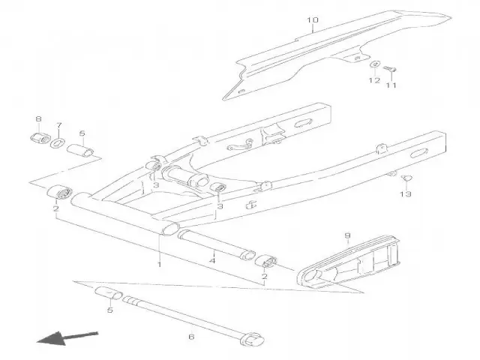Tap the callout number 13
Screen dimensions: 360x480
[x=405, y=194]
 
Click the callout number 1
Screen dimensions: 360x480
[x=159, y=264]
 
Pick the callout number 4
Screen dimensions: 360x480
[x=213, y=260]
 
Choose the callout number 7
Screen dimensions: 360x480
[x=60, y=124]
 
